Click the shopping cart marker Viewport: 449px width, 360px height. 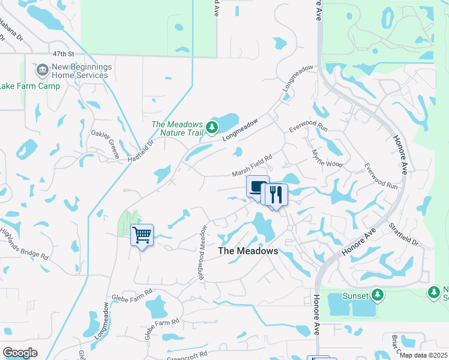point(142,235)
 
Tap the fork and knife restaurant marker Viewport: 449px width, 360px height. point(276,194)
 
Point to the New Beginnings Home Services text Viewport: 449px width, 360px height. point(80,71)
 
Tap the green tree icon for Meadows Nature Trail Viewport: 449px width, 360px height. point(211,127)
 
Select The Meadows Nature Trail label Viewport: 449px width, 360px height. point(177,128)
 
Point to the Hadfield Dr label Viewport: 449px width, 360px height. point(141,151)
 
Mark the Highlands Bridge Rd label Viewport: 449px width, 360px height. point(24,244)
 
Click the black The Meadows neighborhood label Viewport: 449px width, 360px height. point(248,251)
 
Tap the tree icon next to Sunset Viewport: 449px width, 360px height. point(378,295)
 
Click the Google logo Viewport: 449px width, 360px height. point(20,353)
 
